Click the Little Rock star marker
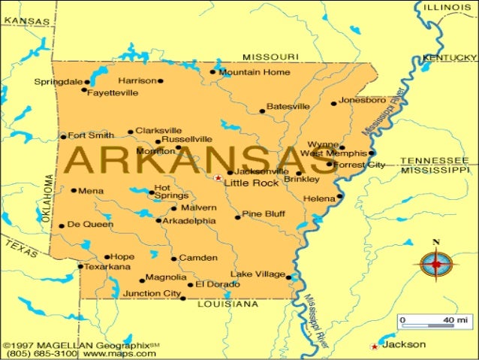[218, 178]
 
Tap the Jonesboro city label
[363, 99]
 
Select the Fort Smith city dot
[64, 137]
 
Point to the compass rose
[434, 264]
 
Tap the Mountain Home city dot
[214, 73]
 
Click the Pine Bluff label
[264, 214]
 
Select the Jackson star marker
[374, 346]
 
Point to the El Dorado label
[218, 284]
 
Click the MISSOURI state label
[270, 57]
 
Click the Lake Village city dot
[289, 277]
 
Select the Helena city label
[318, 198]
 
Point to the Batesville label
[288, 107]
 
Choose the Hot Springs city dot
[151, 192]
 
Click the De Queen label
[89, 224]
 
